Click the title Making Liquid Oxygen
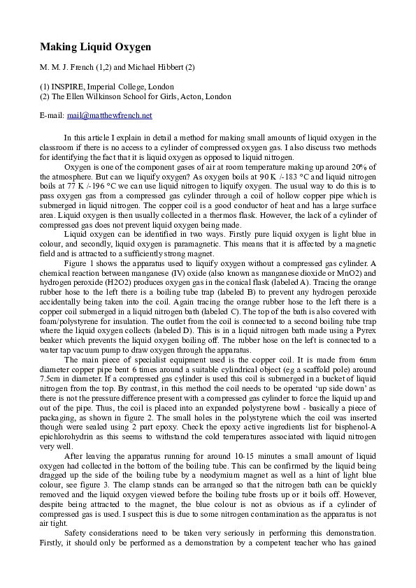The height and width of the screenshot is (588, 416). click(x=95, y=47)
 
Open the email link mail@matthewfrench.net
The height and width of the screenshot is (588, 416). click(x=109, y=115)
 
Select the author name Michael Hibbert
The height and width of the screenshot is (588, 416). click(x=157, y=68)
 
